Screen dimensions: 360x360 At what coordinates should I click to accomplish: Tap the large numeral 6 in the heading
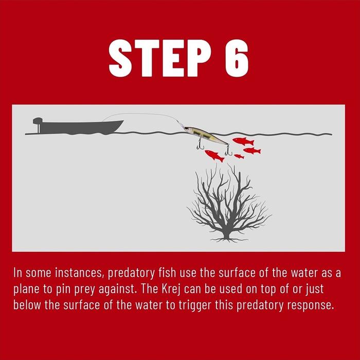click(237, 58)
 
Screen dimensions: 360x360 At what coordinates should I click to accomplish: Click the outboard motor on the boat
click(38, 124)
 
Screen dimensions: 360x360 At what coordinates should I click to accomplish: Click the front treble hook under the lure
click(200, 144)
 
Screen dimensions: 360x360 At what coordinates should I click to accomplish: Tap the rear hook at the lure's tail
click(228, 150)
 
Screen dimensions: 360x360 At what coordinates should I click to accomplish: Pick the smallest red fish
click(239, 156)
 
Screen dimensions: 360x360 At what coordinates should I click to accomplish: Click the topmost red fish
click(243, 141)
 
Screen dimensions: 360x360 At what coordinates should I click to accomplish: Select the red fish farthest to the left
click(214, 156)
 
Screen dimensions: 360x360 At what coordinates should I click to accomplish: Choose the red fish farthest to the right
click(252, 151)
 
